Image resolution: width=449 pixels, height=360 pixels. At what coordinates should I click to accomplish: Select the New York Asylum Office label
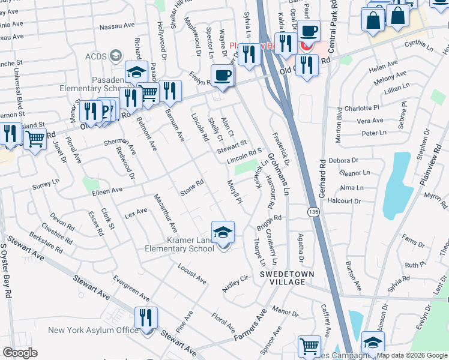(x=85, y=330)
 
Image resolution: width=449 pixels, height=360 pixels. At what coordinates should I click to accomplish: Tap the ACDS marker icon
(x=115, y=56)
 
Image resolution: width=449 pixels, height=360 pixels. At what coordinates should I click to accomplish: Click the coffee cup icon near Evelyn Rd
(x=222, y=76)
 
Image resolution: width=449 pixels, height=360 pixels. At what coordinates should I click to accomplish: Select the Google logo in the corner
(x=20, y=353)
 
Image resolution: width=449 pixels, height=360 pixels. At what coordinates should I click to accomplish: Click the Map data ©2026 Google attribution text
(x=412, y=355)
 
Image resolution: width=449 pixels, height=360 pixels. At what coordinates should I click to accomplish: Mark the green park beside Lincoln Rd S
(x=243, y=169)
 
